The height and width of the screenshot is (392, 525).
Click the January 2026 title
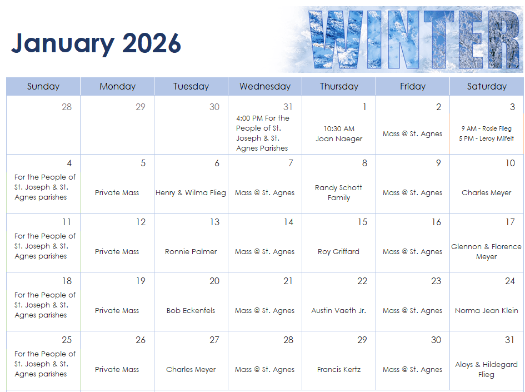click(96, 43)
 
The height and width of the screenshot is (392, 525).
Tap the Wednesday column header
click(265, 86)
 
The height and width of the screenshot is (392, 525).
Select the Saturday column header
click(487, 86)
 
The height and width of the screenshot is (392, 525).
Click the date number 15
click(362, 222)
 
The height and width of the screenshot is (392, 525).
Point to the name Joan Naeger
click(339, 138)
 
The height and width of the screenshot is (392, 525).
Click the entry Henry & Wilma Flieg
click(191, 192)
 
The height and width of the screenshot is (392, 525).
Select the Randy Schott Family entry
click(338, 192)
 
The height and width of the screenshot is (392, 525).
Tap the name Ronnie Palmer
click(191, 252)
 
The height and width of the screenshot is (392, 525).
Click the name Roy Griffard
click(338, 252)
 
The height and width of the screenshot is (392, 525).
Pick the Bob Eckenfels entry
click(191, 311)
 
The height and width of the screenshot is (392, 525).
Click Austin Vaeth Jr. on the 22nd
click(338, 311)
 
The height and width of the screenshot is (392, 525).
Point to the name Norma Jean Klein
click(487, 311)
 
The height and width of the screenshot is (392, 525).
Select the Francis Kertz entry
click(339, 370)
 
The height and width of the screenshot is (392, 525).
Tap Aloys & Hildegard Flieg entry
click(487, 369)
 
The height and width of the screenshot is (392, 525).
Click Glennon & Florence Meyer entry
click(487, 252)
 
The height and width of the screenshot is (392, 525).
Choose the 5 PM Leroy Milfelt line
click(486, 138)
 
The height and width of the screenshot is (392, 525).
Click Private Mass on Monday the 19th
click(117, 311)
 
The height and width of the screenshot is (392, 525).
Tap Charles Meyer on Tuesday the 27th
click(191, 370)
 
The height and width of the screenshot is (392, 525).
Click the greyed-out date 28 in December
click(67, 107)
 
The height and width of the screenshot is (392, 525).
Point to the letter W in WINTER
click(336, 39)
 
